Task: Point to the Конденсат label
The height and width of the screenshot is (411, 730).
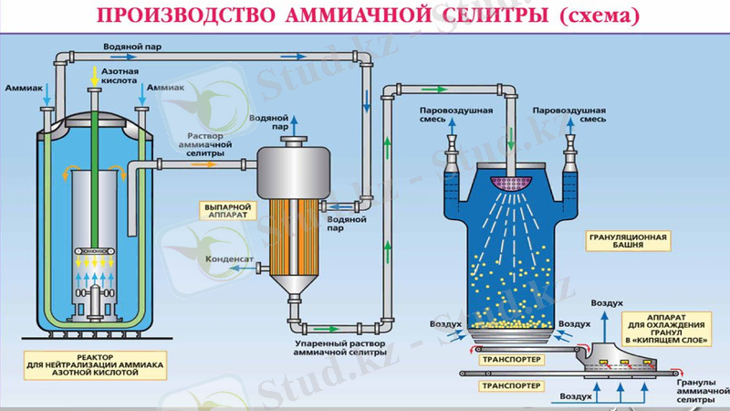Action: tap(230, 258)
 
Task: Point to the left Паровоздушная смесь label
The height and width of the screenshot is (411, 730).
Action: tap(456, 114)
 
